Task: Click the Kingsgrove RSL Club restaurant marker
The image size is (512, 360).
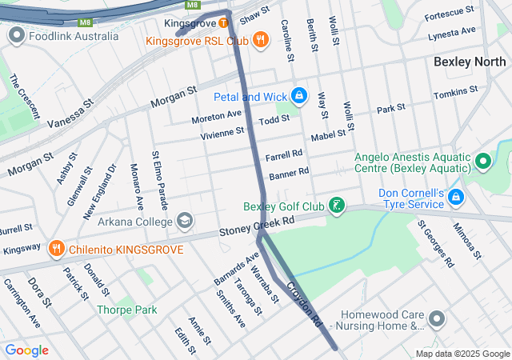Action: (260, 39)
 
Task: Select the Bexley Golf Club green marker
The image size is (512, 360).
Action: (338, 206)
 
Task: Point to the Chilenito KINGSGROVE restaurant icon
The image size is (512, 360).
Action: (55, 249)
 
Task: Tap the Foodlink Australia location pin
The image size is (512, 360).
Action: (15, 36)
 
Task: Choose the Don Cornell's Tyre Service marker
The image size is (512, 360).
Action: (455, 196)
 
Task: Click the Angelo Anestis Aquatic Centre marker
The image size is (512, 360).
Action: (482, 162)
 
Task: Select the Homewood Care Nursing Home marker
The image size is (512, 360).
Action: (436, 320)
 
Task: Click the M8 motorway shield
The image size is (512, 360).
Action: (192, 5)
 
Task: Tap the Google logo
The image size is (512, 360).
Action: (26, 350)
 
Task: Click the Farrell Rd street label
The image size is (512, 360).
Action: (284, 154)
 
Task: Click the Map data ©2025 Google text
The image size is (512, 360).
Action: (462, 354)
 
